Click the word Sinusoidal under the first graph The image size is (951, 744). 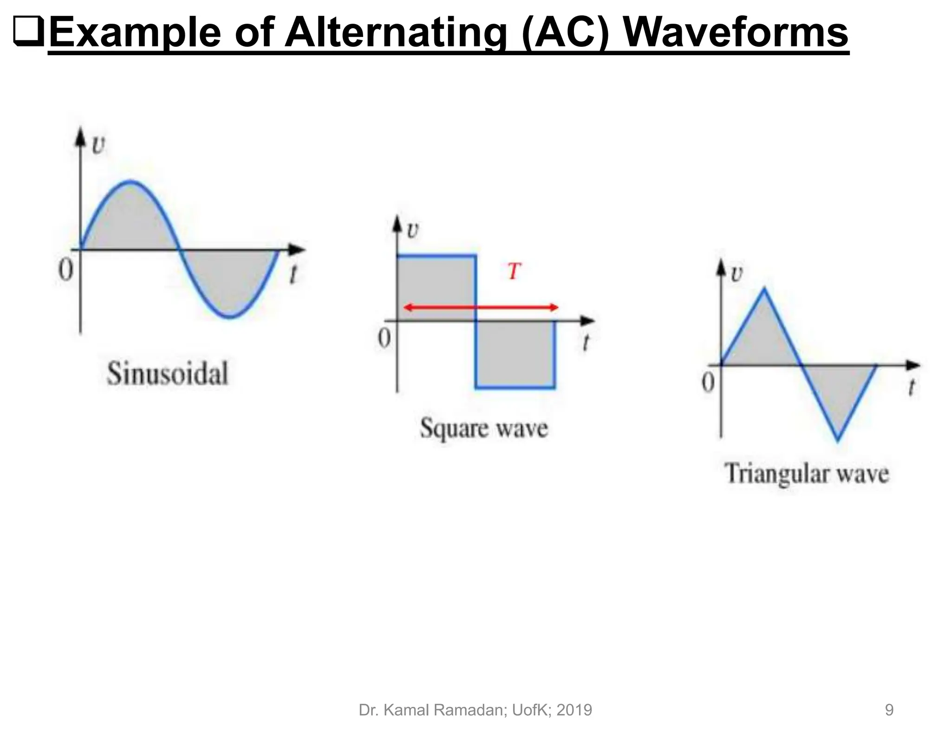[168, 374]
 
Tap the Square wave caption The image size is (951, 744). [484, 428]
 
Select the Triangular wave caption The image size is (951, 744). [807, 474]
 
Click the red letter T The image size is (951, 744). [514, 271]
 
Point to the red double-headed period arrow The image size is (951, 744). [481, 307]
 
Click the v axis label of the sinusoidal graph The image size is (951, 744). [98, 145]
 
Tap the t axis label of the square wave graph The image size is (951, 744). [586, 343]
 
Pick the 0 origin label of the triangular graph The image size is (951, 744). [708, 383]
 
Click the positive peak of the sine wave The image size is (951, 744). [131, 181]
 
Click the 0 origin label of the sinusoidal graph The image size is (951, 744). [66, 269]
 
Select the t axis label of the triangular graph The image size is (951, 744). [912, 387]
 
